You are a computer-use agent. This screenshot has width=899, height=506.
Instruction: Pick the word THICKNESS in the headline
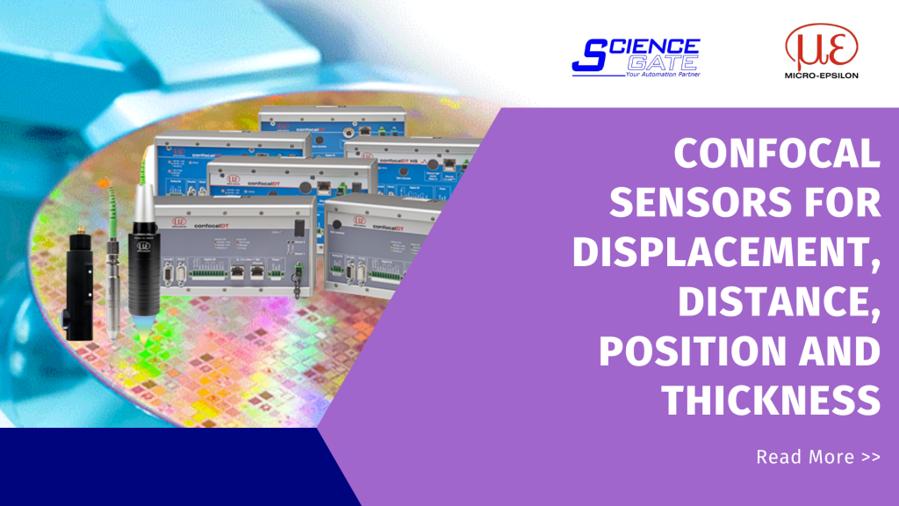771,401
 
